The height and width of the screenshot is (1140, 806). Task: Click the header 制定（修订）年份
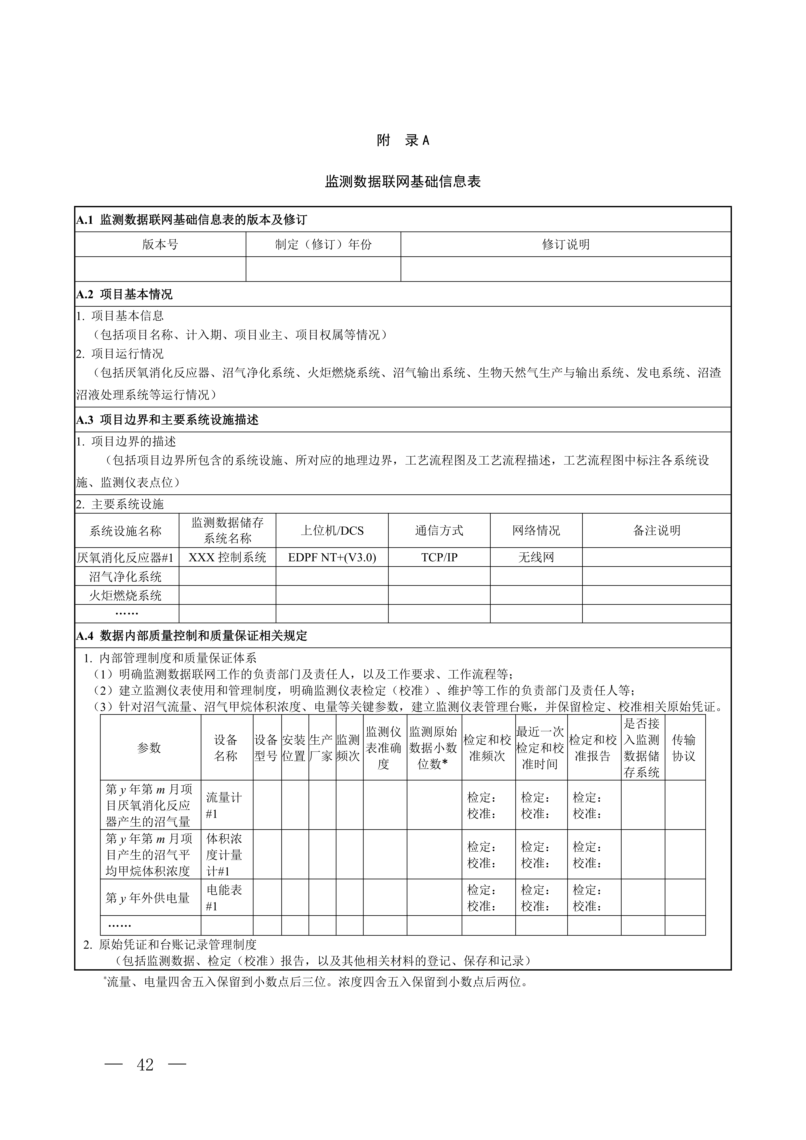pyautogui.click(x=323, y=244)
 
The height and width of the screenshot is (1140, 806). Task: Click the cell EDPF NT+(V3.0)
pyautogui.click(x=332, y=558)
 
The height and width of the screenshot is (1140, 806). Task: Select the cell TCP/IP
pyautogui.click(x=439, y=558)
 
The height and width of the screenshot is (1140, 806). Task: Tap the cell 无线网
pyautogui.click(x=536, y=558)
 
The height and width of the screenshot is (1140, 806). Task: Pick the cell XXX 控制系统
pyautogui.click(x=227, y=558)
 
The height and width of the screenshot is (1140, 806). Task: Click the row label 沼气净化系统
pyautogui.click(x=125, y=576)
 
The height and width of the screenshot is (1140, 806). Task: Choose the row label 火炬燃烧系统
pyautogui.click(x=125, y=595)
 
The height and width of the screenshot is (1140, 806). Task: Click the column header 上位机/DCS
pyautogui.click(x=332, y=531)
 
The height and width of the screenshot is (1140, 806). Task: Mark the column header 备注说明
pyautogui.click(x=656, y=531)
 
